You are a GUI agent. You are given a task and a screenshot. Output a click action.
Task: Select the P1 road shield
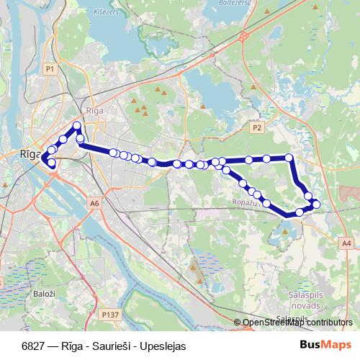[50, 68]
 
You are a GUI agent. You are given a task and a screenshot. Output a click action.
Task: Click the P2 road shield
[258, 127]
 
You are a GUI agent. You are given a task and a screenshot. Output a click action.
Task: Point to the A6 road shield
[95, 204]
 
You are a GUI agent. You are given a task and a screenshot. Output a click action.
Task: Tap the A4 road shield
[347, 243]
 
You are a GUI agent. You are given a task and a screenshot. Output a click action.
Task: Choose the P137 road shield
[109, 315]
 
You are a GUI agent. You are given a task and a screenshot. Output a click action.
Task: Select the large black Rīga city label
[30, 153]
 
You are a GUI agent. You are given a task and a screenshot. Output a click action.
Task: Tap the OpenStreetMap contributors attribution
[297, 323]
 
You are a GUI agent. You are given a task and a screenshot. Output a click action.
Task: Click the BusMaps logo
[326, 345]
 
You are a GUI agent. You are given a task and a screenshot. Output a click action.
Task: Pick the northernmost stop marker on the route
[77, 126]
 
